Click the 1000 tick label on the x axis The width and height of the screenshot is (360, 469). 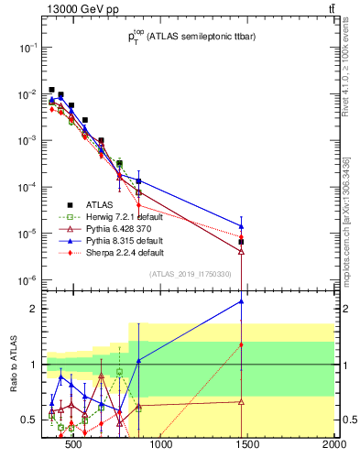[x=160, y=446]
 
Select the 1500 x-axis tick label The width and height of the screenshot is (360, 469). [x=247, y=446]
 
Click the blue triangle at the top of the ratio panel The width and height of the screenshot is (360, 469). [x=241, y=300]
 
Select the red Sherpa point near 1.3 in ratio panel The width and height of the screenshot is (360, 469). [x=241, y=345]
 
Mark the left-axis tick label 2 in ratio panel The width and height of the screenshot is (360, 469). [x=32, y=309]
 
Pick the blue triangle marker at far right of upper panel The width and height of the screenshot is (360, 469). [x=241, y=226]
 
